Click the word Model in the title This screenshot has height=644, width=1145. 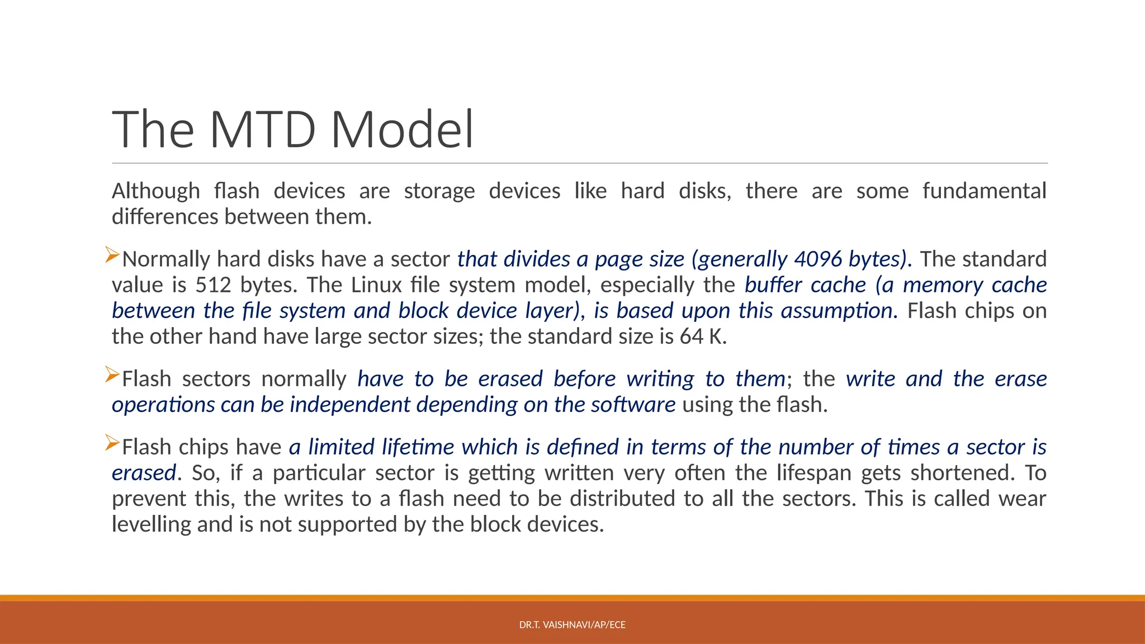click(402, 130)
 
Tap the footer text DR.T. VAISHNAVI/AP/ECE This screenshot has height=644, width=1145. click(572, 624)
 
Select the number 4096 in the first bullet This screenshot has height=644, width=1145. click(817, 259)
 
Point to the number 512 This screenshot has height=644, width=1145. click(213, 285)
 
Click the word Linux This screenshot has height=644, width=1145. click(376, 285)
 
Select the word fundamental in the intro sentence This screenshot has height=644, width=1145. click(984, 191)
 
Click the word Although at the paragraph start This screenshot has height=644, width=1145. click(155, 191)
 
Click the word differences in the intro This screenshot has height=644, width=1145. click(164, 217)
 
